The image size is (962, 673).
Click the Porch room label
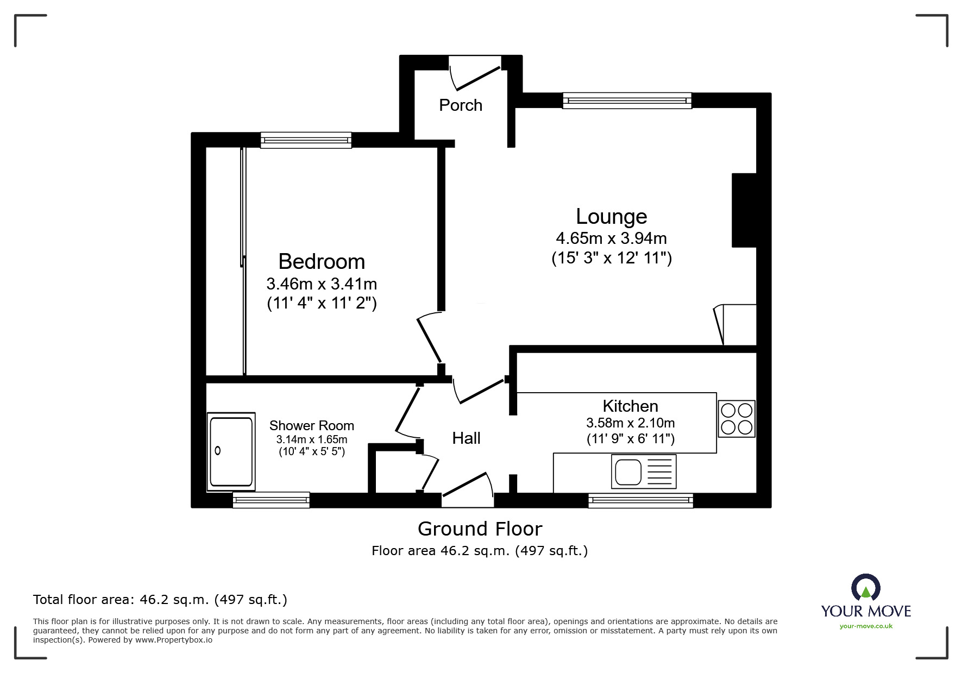tap(461, 105)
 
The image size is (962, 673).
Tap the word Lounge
tap(611, 216)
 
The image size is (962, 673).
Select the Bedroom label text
tap(322, 262)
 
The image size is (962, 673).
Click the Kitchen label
tap(630, 406)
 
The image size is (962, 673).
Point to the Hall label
tap(466, 438)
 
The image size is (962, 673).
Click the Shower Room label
tap(311, 425)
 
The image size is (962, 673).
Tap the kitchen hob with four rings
tap(736, 419)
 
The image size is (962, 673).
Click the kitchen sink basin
tap(628, 471)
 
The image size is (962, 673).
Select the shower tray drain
tap(218, 450)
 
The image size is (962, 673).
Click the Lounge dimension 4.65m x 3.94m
tap(611, 238)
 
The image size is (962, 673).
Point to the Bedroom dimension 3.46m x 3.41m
tap(322, 284)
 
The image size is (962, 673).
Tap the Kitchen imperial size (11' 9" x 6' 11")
tap(630, 439)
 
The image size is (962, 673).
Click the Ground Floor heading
tap(480, 529)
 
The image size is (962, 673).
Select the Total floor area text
tap(160, 600)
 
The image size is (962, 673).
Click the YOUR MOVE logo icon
tap(865, 588)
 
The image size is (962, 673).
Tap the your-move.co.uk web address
tap(866, 626)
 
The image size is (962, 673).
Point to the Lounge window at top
tap(627, 100)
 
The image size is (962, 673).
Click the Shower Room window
tap(271, 500)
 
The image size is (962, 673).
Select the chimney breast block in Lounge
tap(744, 210)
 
